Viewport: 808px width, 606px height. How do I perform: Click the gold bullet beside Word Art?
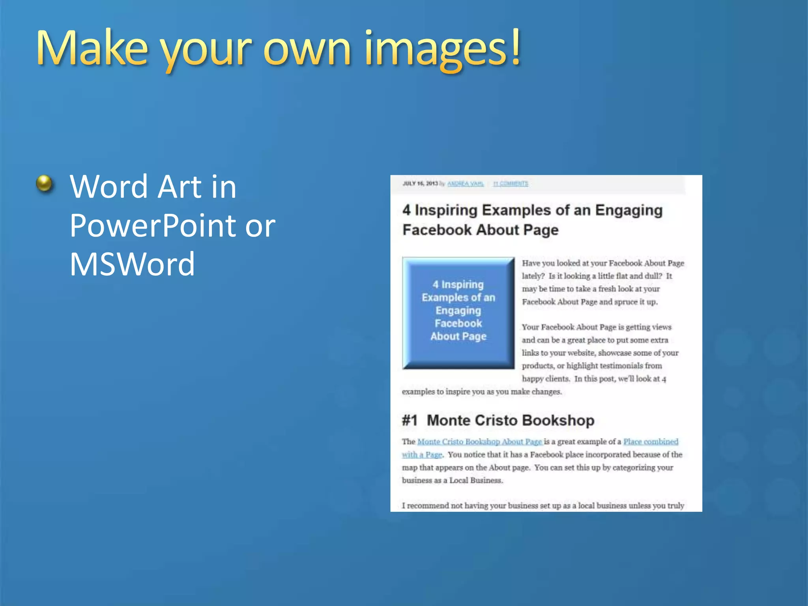(44, 183)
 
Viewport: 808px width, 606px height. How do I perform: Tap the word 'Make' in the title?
(92, 48)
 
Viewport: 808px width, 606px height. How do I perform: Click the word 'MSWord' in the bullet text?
(132, 264)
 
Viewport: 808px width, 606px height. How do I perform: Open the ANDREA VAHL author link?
(466, 183)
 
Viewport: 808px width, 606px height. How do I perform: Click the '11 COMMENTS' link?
(511, 183)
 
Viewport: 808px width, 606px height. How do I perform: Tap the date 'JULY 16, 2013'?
(420, 183)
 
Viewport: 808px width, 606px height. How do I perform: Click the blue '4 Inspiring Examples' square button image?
(458, 313)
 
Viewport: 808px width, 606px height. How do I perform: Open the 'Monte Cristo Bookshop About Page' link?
(479, 441)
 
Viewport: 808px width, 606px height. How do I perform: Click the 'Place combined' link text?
(651, 441)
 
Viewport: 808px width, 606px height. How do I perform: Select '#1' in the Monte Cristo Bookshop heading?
(410, 421)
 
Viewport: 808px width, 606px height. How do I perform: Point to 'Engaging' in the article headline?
(628, 211)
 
